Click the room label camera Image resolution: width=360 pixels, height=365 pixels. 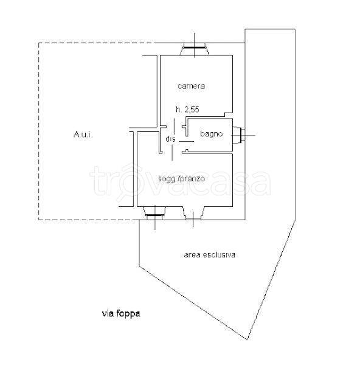192,86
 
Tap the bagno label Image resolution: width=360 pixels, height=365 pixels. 211,134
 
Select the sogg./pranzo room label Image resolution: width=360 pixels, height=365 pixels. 181,179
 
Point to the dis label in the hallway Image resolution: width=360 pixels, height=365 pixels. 171,139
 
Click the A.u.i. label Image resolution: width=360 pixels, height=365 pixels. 83,134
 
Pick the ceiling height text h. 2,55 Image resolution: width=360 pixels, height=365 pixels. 187,109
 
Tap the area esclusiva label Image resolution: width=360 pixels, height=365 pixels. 209,255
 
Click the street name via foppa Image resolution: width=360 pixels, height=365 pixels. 121,313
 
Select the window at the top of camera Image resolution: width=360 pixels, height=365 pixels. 195,49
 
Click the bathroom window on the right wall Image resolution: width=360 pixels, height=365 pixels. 239,135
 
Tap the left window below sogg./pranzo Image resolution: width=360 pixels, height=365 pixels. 154,213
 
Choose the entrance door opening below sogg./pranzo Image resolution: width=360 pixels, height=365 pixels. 193,213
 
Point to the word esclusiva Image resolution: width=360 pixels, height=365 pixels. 219,255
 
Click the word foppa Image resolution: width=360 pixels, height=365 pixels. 128,313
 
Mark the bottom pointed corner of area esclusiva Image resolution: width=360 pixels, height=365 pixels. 247,339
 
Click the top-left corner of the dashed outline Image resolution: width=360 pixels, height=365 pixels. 39,43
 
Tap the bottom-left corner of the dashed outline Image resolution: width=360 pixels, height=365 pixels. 39,220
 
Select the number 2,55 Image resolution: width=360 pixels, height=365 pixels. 192,109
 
